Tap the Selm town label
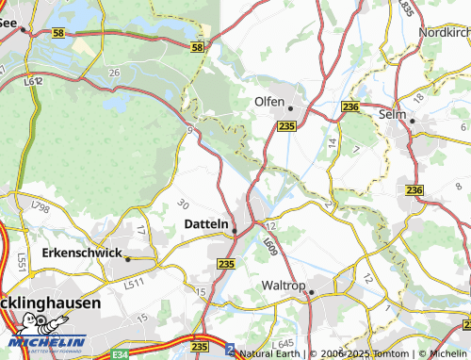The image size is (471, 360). click(420, 114)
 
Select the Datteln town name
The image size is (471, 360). click(204, 224)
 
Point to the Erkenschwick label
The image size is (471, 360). click(82, 254)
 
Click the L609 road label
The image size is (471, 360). click(269, 247)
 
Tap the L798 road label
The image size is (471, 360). click(40, 206)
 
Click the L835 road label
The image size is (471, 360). click(406, 8)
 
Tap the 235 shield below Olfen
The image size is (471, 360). click(287, 125)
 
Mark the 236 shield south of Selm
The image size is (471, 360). click(414, 190)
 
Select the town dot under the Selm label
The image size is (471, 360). click(411, 131)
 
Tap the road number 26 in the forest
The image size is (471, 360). click(114, 73)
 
